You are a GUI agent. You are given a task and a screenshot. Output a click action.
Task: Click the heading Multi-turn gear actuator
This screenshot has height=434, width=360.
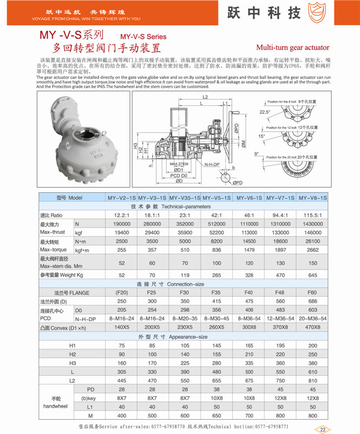(292, 48)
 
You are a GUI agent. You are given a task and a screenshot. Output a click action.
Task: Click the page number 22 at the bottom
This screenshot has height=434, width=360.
(322, 429)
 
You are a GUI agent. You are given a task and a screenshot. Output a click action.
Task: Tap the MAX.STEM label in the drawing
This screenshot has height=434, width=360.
(179, 164)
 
